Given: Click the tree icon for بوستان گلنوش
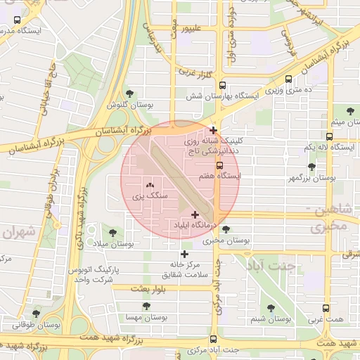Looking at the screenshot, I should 129,93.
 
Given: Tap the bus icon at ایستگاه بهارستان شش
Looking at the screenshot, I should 221,82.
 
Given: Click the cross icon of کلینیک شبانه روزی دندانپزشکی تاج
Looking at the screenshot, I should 213,130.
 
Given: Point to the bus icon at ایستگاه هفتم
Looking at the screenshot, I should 219,165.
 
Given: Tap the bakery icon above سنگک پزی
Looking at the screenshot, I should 150,186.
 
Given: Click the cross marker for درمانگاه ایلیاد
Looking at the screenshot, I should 195,214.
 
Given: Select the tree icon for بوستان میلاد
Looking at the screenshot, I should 112,232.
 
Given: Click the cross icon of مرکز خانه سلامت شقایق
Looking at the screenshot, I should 184,254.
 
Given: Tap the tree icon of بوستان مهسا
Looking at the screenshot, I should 146,307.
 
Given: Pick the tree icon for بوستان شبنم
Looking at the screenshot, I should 271,307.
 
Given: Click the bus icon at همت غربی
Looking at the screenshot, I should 325,308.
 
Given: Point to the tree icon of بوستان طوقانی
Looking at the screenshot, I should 36,314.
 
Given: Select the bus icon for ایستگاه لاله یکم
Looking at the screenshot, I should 329,136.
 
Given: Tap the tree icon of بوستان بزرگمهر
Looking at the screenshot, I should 311,167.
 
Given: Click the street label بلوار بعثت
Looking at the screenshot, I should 148,288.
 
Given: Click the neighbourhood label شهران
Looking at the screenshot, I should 18,232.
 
